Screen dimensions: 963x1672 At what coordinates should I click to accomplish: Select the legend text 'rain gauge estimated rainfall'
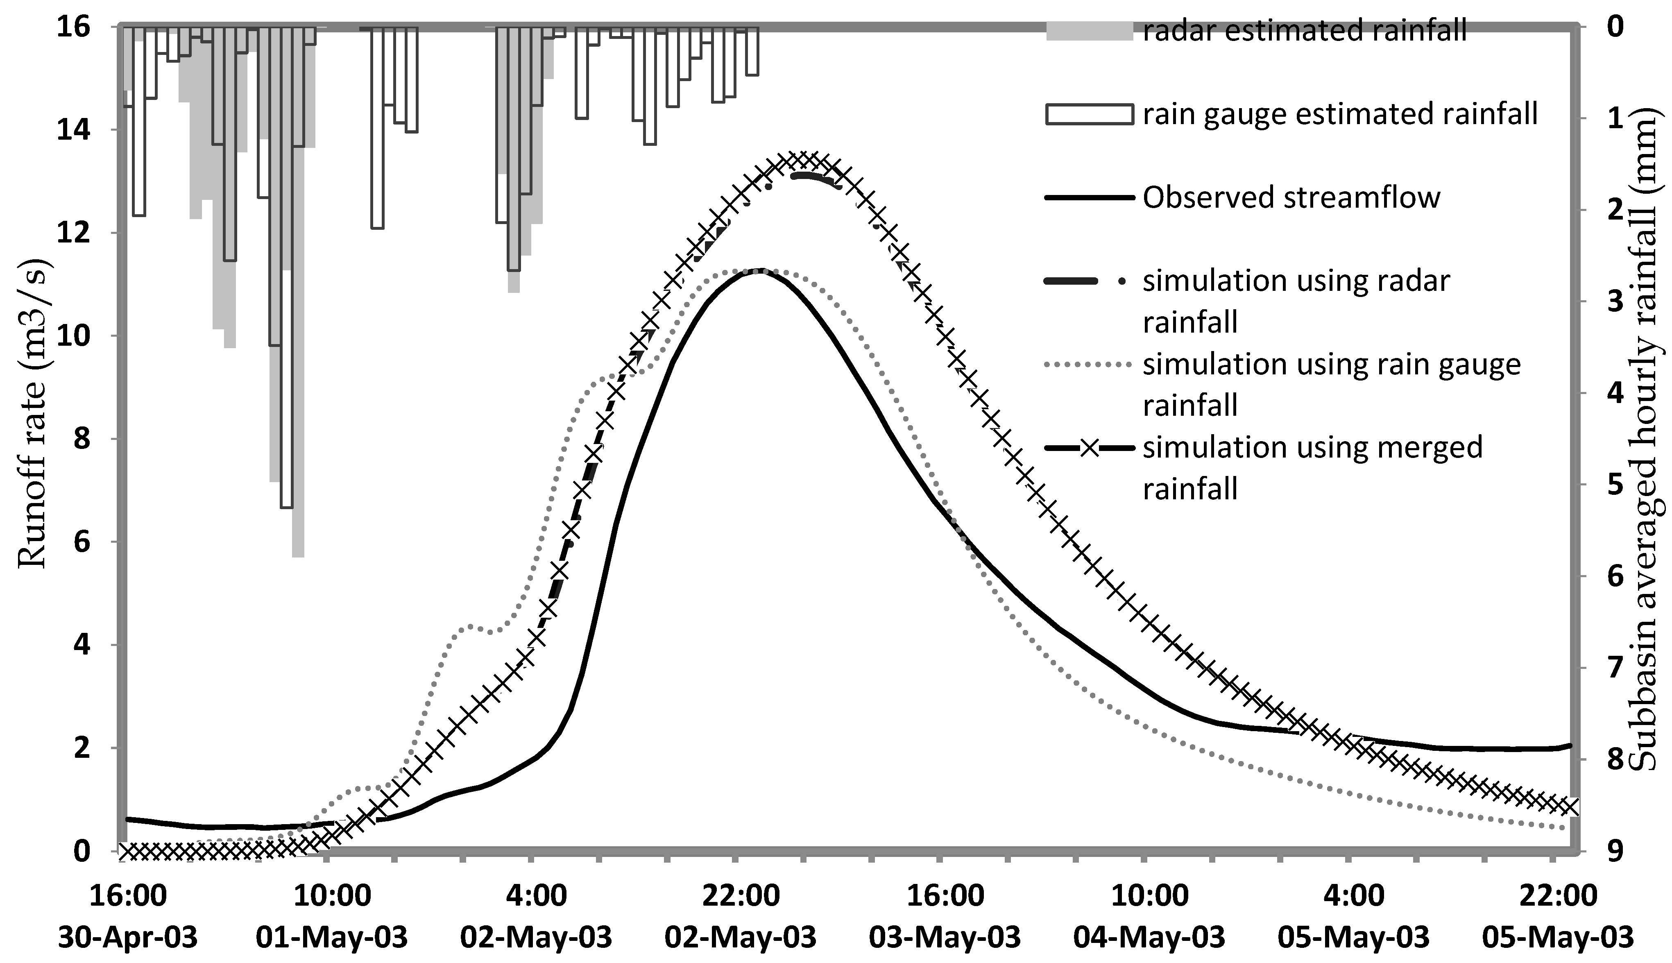click(x=1340, y=114)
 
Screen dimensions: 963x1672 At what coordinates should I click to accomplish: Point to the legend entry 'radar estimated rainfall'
click(x=1304, y=30)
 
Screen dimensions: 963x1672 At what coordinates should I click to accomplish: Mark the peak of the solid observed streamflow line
click(x=761, y=270)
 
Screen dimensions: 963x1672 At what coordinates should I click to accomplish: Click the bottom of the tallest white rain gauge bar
click(x=286, y=507)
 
